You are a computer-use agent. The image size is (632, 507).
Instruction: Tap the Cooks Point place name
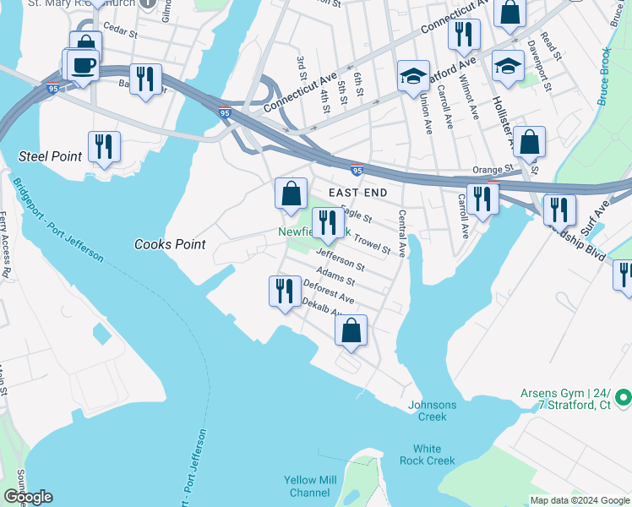pyautogui.click(x=170, y=244)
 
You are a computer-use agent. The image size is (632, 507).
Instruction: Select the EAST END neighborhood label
pyautogui.click(x=357, y=194)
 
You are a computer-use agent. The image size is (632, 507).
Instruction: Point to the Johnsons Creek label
pyautogui.click(x=432, y=411)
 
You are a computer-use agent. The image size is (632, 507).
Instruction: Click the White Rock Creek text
pyautogui.click(x=433, y=455)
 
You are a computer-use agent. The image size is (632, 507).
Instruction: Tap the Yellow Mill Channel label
pyautogui.click(x=309, y=487)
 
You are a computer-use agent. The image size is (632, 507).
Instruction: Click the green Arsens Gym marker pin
pyautogui.click(x=624, y=396)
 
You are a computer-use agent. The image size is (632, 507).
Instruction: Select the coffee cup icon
pyautogui.click(x=84, y=66)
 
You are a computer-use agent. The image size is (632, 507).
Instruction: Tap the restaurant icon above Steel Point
pyautogui.click(x=104, y=146)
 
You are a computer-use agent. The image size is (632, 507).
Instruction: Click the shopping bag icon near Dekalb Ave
pyautogui.click(x=351, y=330)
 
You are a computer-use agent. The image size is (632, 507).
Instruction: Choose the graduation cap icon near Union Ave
pyautogui.click(x=411, y=76)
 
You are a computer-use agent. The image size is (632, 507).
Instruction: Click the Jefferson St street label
pyautogui.click(x=340, y=259)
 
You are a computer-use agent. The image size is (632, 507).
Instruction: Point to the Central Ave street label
pyautogui.click(x=402, y=233)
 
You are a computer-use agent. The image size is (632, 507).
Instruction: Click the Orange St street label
pyautogui.click(x=493, y=169)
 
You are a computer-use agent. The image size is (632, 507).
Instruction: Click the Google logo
pyautogui.click(x=27, y=497)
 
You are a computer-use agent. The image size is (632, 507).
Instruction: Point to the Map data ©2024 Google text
pyautogui.click(x=579, y=500)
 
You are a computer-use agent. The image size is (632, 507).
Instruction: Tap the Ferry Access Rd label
pyautogui.click(x=4, y=245)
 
